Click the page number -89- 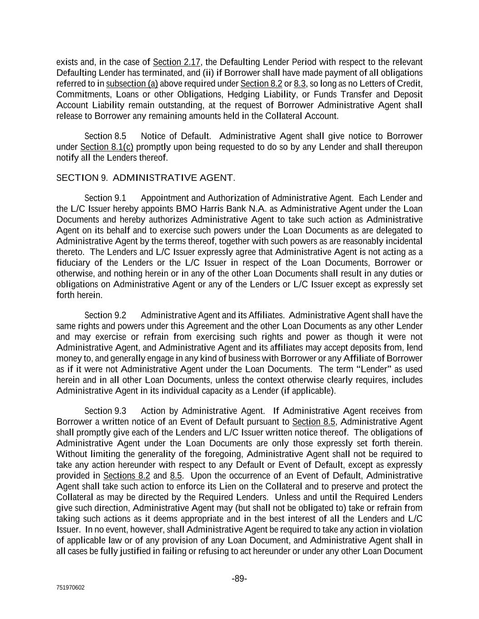click(239, 579)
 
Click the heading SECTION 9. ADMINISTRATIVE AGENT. click(145, 178)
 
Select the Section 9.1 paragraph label click(105, 198)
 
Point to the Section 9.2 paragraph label click(105, 315)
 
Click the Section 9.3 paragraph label click(105, 411)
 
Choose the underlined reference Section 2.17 click(177, 62)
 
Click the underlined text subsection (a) click(132, 84)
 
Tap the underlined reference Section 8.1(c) click(107, 147)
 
